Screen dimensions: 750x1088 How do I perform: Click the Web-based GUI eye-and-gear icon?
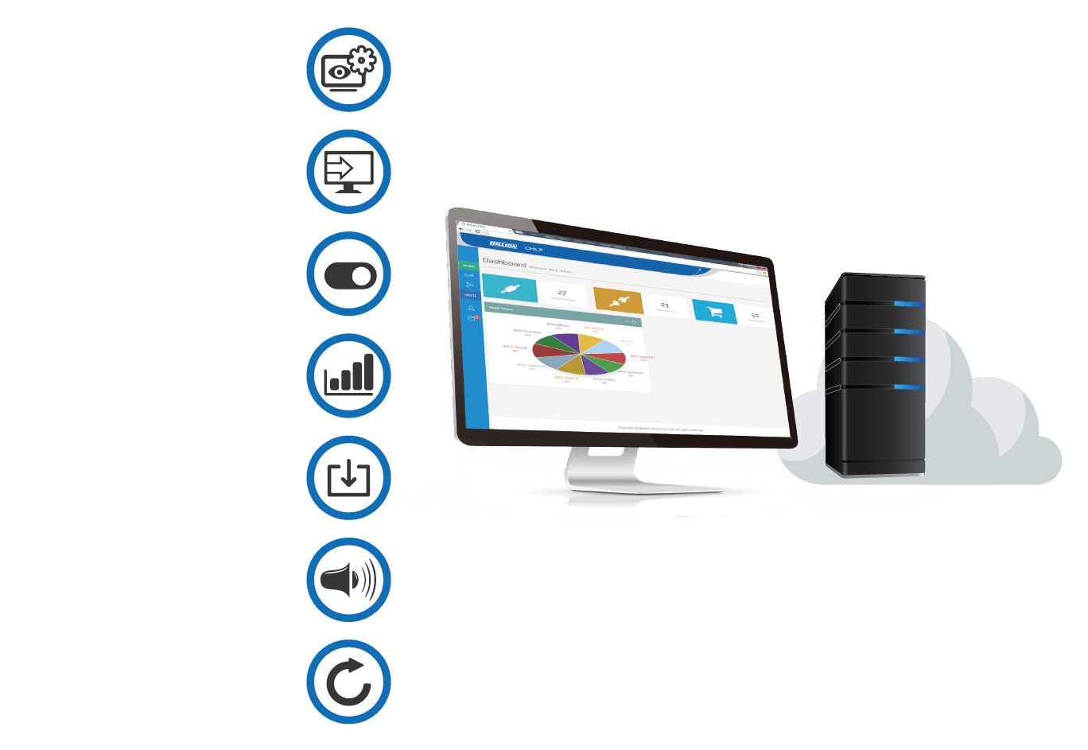pos(348,69)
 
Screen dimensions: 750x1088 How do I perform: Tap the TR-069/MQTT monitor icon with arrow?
pos(348,171)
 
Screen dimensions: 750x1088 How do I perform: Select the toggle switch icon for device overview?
pos(348,274)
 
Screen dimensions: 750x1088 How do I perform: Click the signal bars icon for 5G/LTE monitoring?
pos(348,376)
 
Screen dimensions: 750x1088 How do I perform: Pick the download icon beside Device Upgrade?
pos(348,478)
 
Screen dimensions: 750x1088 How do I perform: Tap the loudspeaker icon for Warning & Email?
pos(348,580)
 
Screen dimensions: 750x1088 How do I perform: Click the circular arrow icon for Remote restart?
pos(348,682)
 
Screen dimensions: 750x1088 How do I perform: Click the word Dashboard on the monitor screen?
pos(503,262)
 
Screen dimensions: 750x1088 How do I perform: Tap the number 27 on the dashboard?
pos(561,293)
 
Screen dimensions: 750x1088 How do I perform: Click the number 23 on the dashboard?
pos(664,305)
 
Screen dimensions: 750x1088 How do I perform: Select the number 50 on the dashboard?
pos(755,316)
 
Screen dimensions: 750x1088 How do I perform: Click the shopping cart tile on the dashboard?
pos(714,312)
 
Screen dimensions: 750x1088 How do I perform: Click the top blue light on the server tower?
pos(907,304)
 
